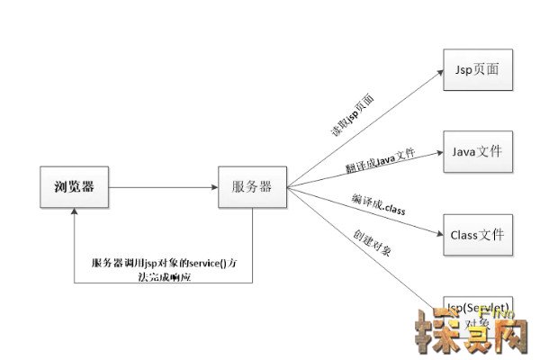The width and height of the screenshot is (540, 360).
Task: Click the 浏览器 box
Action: coord(75,187)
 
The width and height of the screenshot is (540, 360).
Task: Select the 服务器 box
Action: coord(252,187)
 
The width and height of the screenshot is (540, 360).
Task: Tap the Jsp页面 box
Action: coord(477,68)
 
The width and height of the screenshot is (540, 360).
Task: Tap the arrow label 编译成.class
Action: coord(379,204)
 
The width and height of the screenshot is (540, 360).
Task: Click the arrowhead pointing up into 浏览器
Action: coord(75,213)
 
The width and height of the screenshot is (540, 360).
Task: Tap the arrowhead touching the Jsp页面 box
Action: coord(440,71)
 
